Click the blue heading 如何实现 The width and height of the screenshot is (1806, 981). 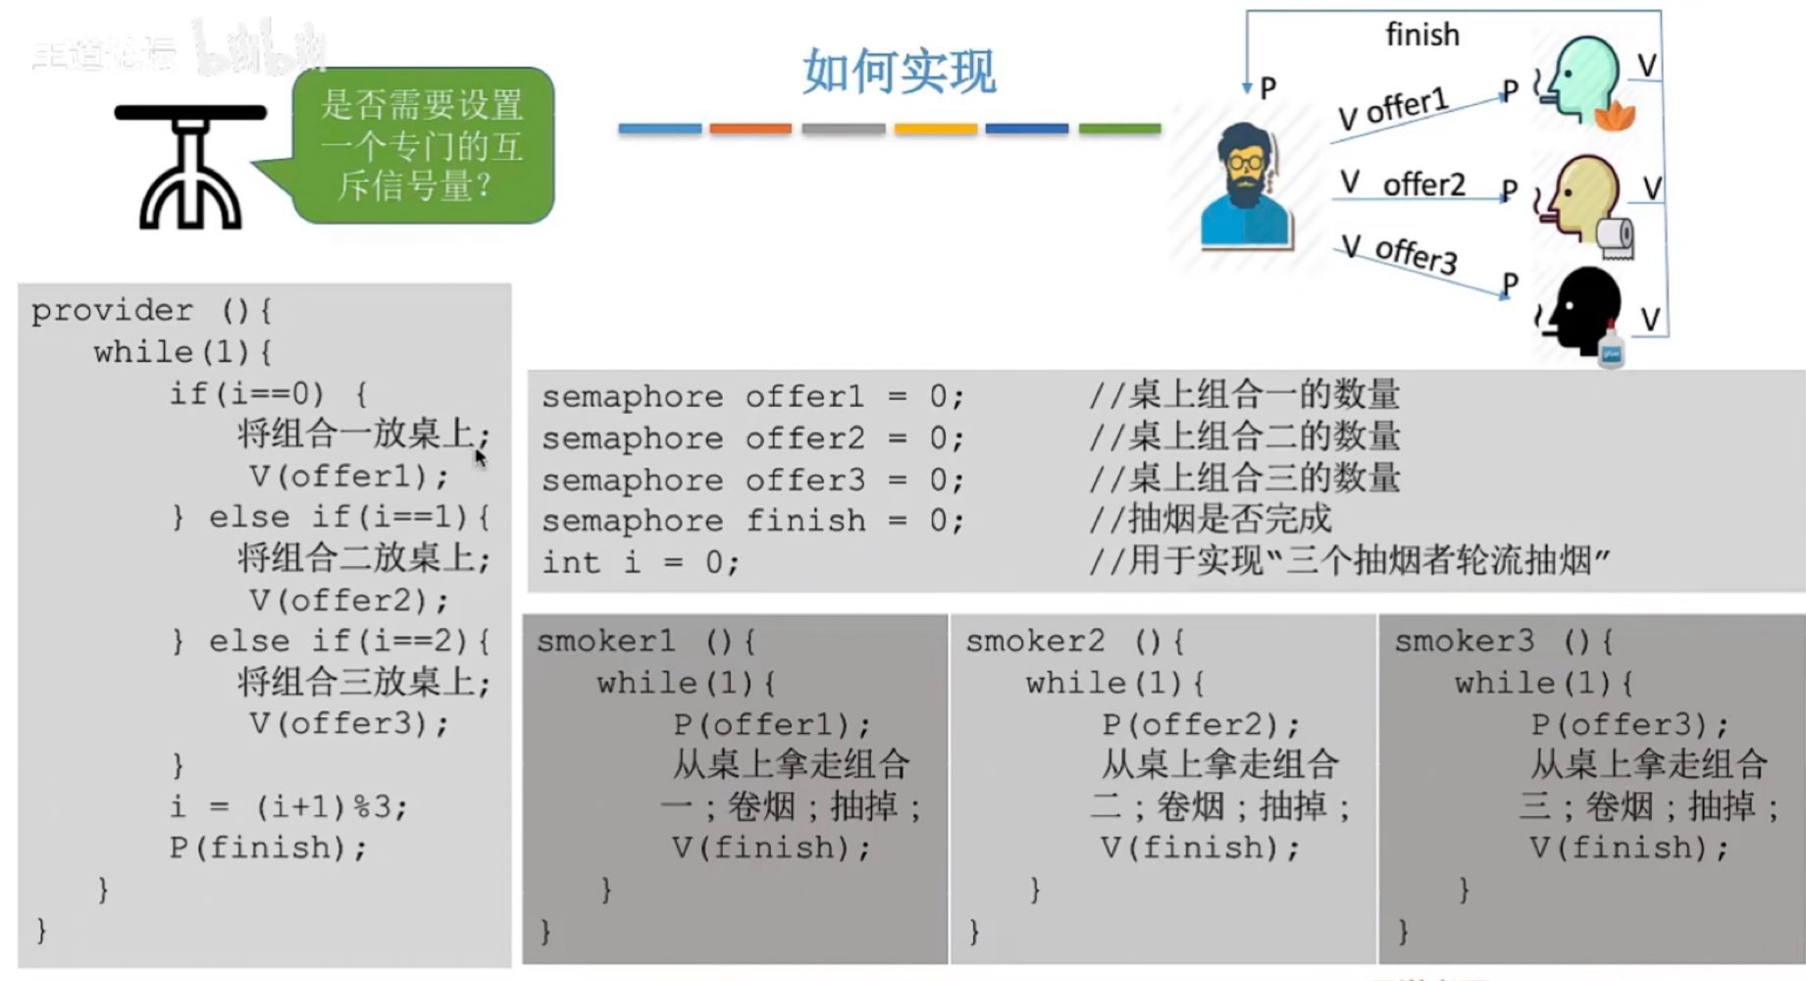(x=899, y=71)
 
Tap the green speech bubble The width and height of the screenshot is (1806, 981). (x=422, y=145)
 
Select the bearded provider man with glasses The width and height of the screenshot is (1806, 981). (x=1245, y=186)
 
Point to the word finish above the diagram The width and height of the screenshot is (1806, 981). (x=1421, y=35)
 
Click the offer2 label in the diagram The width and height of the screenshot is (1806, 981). (x=1422, y=184)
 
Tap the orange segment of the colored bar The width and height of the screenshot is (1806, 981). (x=750, y=129)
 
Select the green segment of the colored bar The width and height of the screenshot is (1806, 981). (x=1119, y=129)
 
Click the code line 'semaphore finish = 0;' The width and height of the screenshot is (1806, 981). (x=752, y=521)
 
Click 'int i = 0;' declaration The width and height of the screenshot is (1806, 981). (x=641, y=563)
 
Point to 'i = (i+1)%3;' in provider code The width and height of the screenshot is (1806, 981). (x=288, y=806)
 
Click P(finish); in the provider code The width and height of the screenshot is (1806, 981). (x=268, y=848)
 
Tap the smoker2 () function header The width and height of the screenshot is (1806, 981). (x=1074, y=642)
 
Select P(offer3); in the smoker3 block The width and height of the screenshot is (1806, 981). (x=1628, y=725)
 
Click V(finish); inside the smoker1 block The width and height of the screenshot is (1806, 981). (x=771, y=848)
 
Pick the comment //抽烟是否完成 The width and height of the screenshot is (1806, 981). (x=1210, y=519)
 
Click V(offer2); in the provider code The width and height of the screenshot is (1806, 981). (x=348, y=600)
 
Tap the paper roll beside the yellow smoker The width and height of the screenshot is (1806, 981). (x=1616, y=236)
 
